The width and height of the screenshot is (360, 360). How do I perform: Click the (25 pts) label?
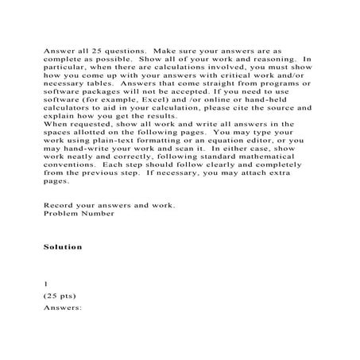pyautogui.click(x=60, y=295)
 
